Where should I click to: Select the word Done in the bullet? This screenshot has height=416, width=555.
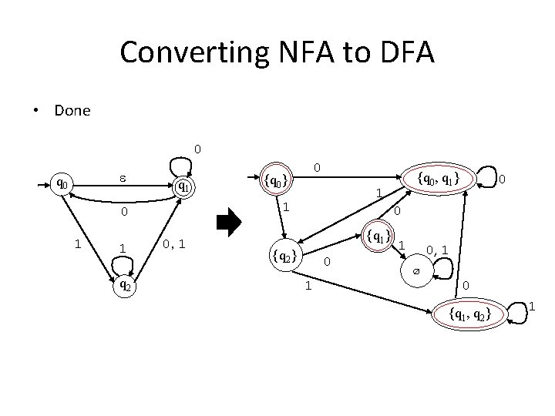[72, 110]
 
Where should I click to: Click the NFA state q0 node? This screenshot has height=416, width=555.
[60, 185]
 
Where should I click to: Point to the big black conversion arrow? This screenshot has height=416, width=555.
[229, 223]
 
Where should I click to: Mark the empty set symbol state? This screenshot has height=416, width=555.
[415, 271]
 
